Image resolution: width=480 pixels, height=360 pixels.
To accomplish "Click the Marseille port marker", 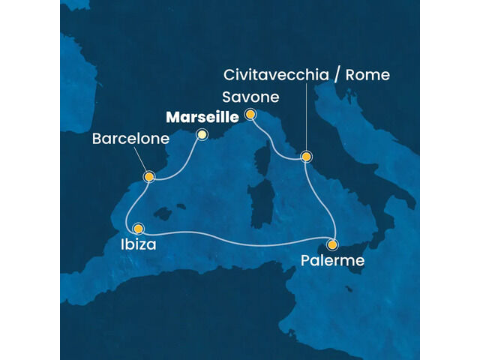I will click(201, 134).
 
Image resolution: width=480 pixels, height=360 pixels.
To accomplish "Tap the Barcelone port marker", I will click(149, 177).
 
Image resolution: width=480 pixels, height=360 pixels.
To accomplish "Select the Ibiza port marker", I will click(138, 228).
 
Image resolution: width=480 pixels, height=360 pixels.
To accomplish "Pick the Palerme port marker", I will click(332, 244).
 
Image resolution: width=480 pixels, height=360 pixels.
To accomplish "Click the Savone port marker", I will click(250, 114).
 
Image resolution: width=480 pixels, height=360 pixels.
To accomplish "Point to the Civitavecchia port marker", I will click(305, 157).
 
